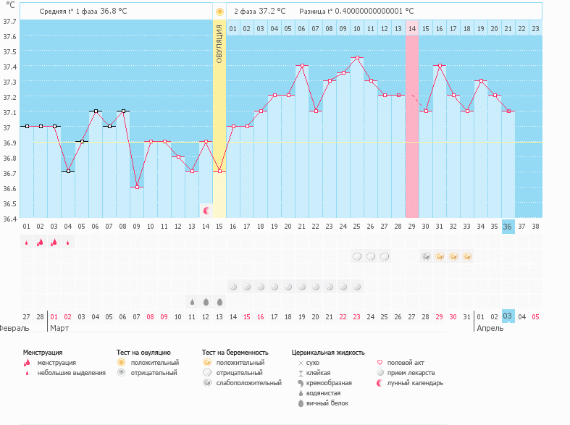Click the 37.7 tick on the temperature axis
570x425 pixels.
(9, 21)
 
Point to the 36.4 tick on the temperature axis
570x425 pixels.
(9, 219)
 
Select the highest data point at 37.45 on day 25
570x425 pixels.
(357, 58)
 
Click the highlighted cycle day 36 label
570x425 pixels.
(508, 226)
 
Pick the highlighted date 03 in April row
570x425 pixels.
(508, 316)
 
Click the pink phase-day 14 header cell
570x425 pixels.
(411, 28)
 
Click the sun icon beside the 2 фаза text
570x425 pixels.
(219, 12)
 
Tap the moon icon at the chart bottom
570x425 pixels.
(206, 210)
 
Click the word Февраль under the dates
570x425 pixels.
(14, 328)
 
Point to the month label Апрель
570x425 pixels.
(490, 328)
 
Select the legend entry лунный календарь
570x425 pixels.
(414, 383)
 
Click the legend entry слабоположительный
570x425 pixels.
(248, 383)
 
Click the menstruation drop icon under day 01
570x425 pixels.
(27, 243)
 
